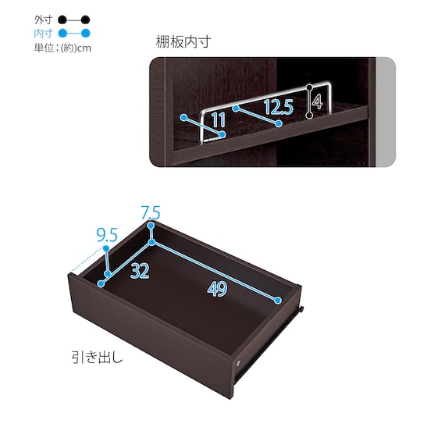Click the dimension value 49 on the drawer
[x=217, y=289]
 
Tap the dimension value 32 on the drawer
[x=140, y=271]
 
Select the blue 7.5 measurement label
[x=151, y=212]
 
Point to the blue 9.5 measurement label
[x=107, y=235]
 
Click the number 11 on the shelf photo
[x=219, y=120]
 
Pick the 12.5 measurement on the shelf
[x=279, y=107]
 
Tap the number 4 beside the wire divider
[x=317, y=101]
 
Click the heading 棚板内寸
[x=183, y=42]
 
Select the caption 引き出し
[x=97, y=357]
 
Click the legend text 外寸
[x=43, y=20]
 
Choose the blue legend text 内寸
[x=43, y=34]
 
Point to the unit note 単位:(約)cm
[x=62, y=48]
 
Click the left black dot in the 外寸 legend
[x=62, y=20]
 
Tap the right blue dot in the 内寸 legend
[x=85, y=34]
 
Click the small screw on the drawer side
[x=238, y=363]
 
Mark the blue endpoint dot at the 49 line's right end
[x=278, y=301]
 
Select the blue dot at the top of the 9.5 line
[x=106, y=248]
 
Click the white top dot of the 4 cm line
[x=309, y=87]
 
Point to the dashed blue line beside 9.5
[x=87, y=260]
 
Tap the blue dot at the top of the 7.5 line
[x=151, y=226]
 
